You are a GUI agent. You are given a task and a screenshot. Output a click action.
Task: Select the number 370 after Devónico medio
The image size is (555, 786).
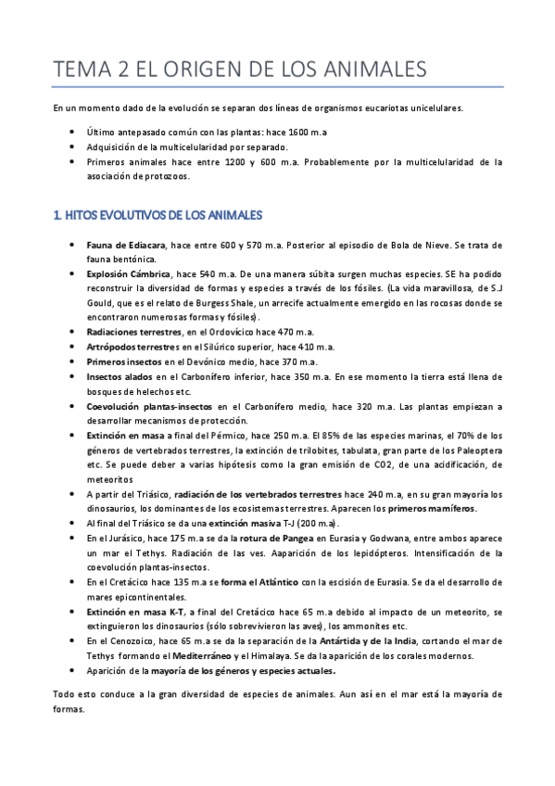point(290,361)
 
